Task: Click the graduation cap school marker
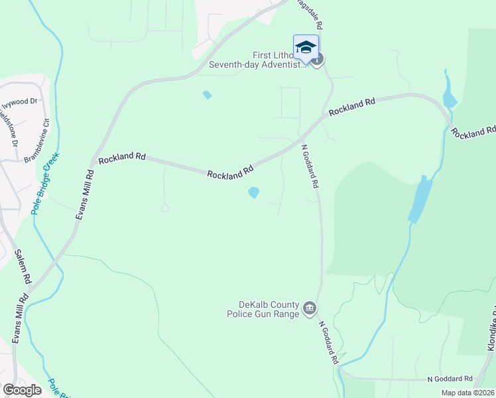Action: tap(306, 47)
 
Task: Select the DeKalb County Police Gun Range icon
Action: tap(309, 308)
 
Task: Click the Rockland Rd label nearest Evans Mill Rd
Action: tap(122, 159)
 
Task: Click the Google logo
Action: tap(22, 389)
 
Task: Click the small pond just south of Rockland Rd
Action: tap(253, 192)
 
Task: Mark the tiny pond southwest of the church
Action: tap(208, 95)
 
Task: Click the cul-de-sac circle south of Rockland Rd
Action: tap(164, 208)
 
